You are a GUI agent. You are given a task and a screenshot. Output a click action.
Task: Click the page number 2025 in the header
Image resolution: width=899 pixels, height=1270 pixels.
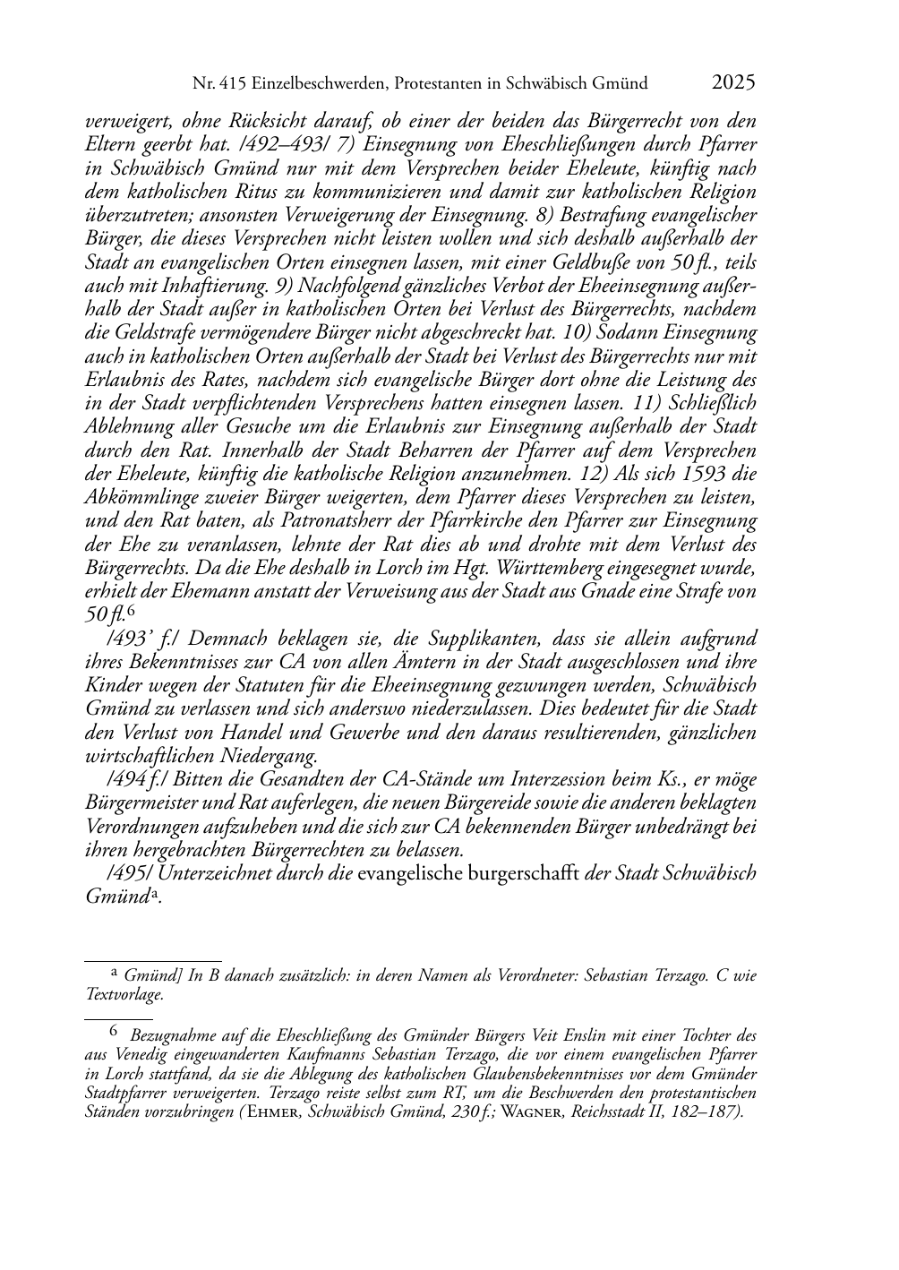(x=733, y=83)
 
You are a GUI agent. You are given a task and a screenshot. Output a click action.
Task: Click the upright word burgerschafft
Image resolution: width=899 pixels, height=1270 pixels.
(x=524, y=873)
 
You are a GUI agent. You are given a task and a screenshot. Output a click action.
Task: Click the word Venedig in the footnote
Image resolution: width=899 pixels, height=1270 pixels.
(x=137, y=1056)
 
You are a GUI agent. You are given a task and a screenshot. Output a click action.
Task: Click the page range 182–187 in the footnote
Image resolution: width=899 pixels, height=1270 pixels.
(x=702, y=1111)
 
